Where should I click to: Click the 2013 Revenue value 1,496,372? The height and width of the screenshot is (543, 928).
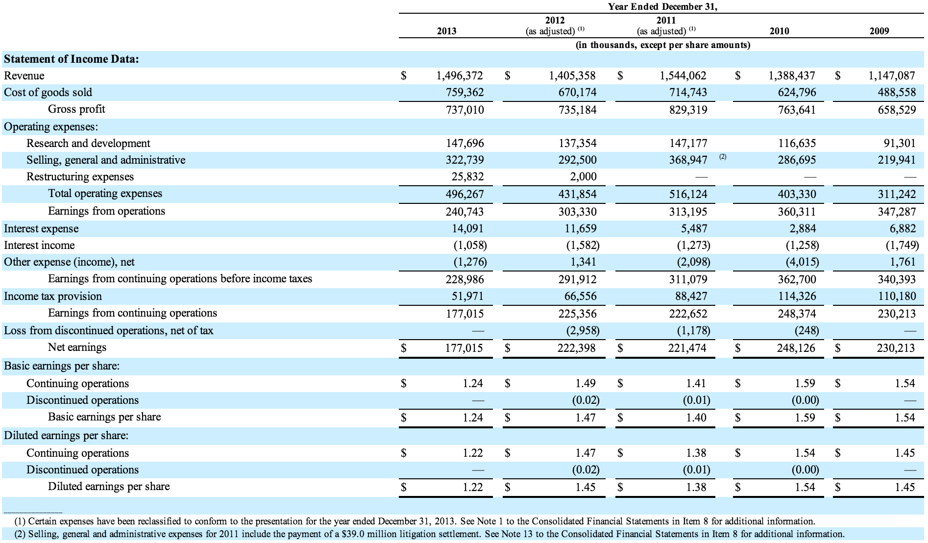pyautogui.click(x=459, y=75)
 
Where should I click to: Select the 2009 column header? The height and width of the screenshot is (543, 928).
pyautogui.click(x=879, y=31)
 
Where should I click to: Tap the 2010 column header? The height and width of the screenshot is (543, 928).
pyautogui.click(x=779, y=31)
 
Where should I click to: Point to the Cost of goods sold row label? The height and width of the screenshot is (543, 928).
pyautogui.click(x=48, y=92)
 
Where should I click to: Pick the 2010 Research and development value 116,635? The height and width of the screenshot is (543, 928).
pyautogui.click(x=797, y=143)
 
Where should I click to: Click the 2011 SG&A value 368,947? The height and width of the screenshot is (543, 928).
pyautogui.click(x=688, y=160)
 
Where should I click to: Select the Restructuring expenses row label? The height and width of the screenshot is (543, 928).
pyautogui.click(x=80, y=176)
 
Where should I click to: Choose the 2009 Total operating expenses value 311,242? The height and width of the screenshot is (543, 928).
pyautogui.click(x=897, y=194)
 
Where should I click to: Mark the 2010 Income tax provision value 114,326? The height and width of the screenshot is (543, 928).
pyautogui.click(x=797, y=296)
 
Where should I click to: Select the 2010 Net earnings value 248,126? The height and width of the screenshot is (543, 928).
pyautogui.click(x=797, y=348)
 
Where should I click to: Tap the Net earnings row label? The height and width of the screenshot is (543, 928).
pyautogui.click(x=77, y=347)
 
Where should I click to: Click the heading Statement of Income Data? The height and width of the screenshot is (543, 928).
pyautogui.click(x=72, y=59)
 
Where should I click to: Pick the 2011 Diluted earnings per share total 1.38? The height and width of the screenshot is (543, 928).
pyautogui.click(x=696, y=487)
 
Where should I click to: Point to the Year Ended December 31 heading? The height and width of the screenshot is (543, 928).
pyautogui.click(x=662, y=7)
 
